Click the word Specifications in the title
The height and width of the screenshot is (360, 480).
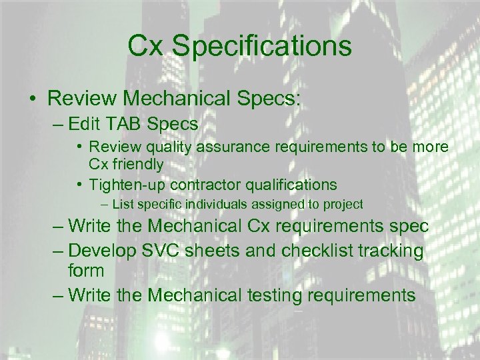(x=261, y=47)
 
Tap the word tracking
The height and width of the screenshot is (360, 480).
(x=392, y=251)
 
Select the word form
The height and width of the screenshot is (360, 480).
(x=86, y=271)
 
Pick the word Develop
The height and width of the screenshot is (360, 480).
(x=103, y=251)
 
